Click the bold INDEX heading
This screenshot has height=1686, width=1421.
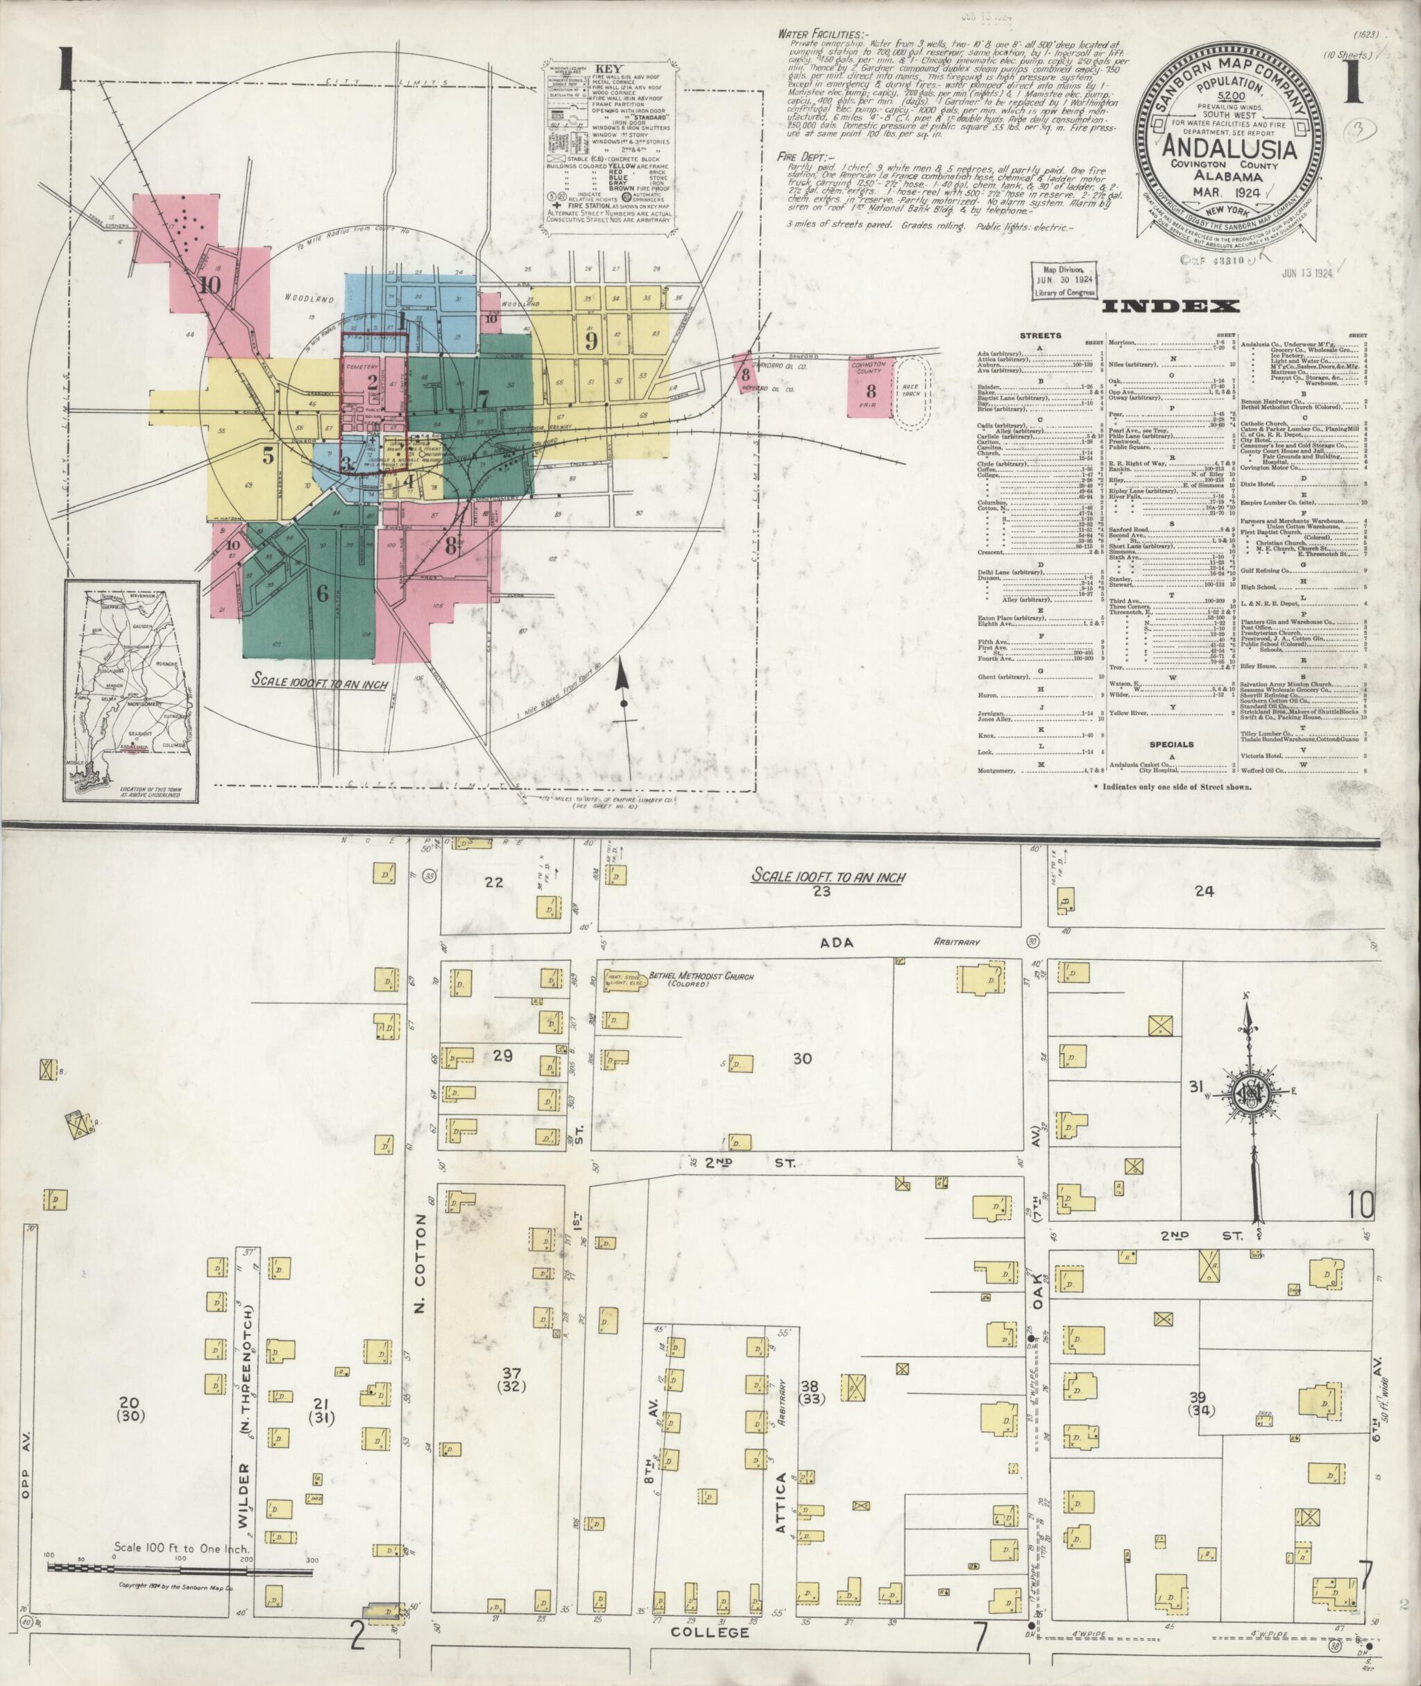tap(1171, 306)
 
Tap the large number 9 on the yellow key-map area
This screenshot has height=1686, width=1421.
tap(590, 341)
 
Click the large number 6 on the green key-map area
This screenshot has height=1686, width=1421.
tap(322, 595)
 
